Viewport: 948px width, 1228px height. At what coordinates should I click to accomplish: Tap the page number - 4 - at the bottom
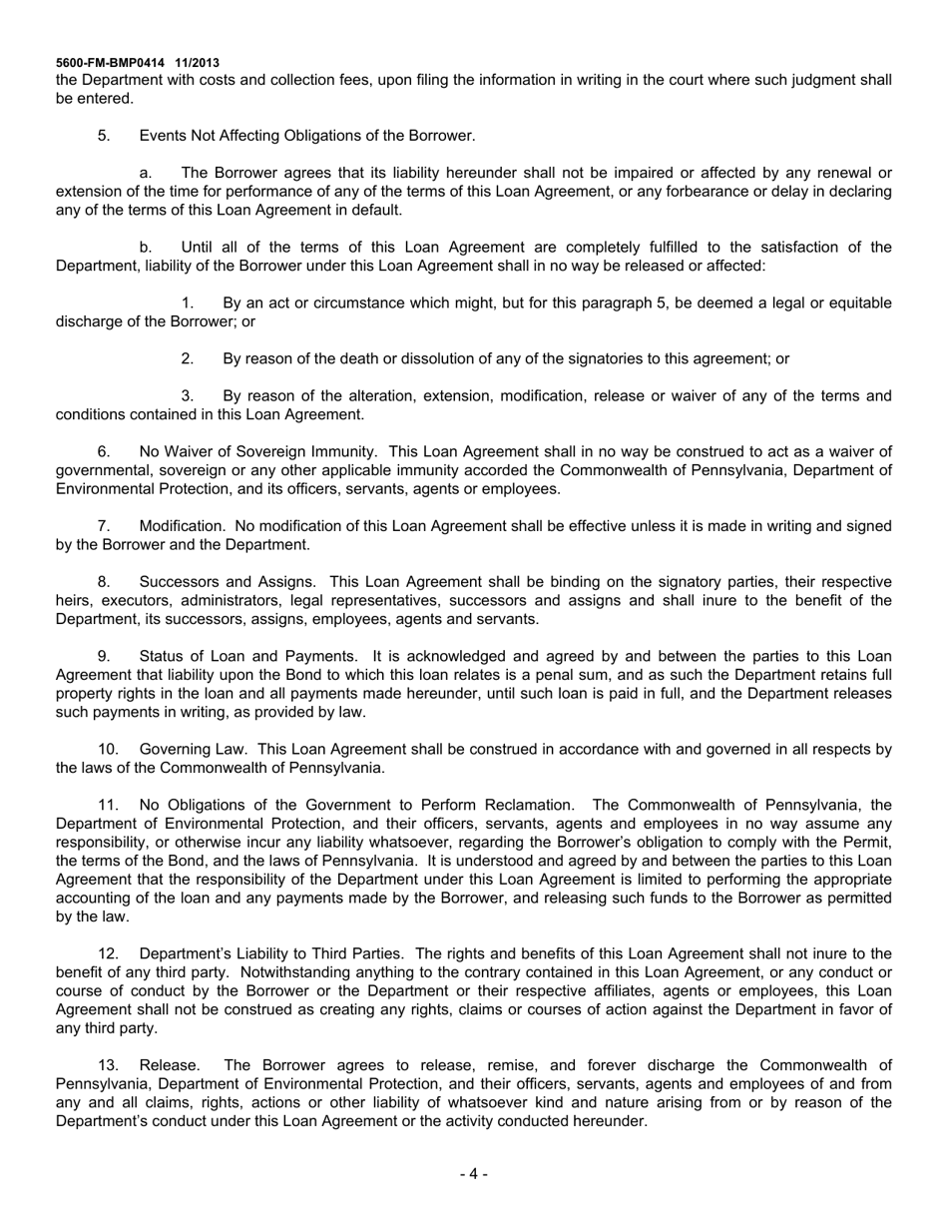(473, 1174)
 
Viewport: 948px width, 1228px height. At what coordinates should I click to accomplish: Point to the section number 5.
(104, 136)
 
